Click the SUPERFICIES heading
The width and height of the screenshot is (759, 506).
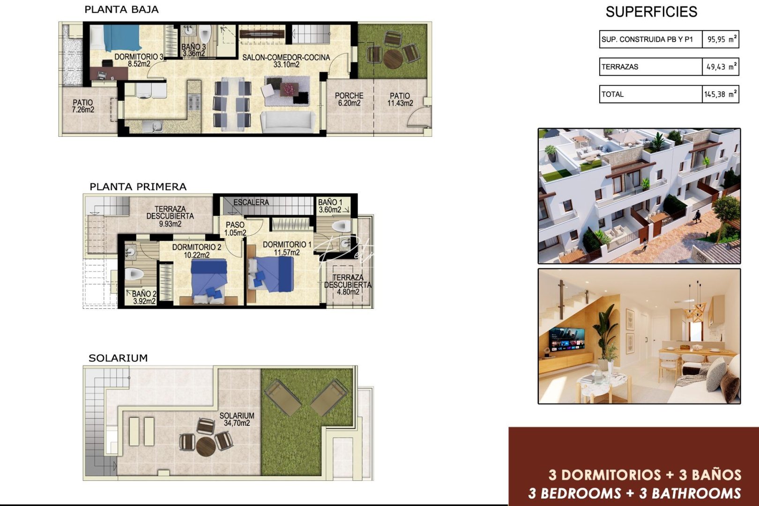click(x=651, y=12)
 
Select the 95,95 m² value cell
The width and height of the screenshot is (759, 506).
click(x=721, y=39)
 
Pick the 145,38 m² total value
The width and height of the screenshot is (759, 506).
click(x=721, y=94)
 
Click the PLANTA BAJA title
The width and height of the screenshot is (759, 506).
click(x=121, y=9)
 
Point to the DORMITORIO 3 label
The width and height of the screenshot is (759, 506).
click(x=138, y=60)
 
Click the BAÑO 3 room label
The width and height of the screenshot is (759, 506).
click(x=193, y=50)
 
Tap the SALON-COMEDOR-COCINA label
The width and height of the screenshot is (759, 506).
click(x=286, y=60)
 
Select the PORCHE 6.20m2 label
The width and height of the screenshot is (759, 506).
click(x=349, y=99)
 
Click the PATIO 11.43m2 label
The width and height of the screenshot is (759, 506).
click(x=400, y=99)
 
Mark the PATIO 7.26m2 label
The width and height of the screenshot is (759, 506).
click(x=83, y=106)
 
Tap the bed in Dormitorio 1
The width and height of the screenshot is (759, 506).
click(x=272, y=274)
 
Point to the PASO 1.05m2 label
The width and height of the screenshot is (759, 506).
click(x=235, y=229)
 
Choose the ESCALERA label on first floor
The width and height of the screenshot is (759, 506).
click(x=251, y=202)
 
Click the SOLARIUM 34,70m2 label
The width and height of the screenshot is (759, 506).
click(x=237, y=419)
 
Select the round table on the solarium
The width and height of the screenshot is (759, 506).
click(x=205, y=446)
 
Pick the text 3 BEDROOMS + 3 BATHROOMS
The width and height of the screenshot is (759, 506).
click(x=634, y=493)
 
